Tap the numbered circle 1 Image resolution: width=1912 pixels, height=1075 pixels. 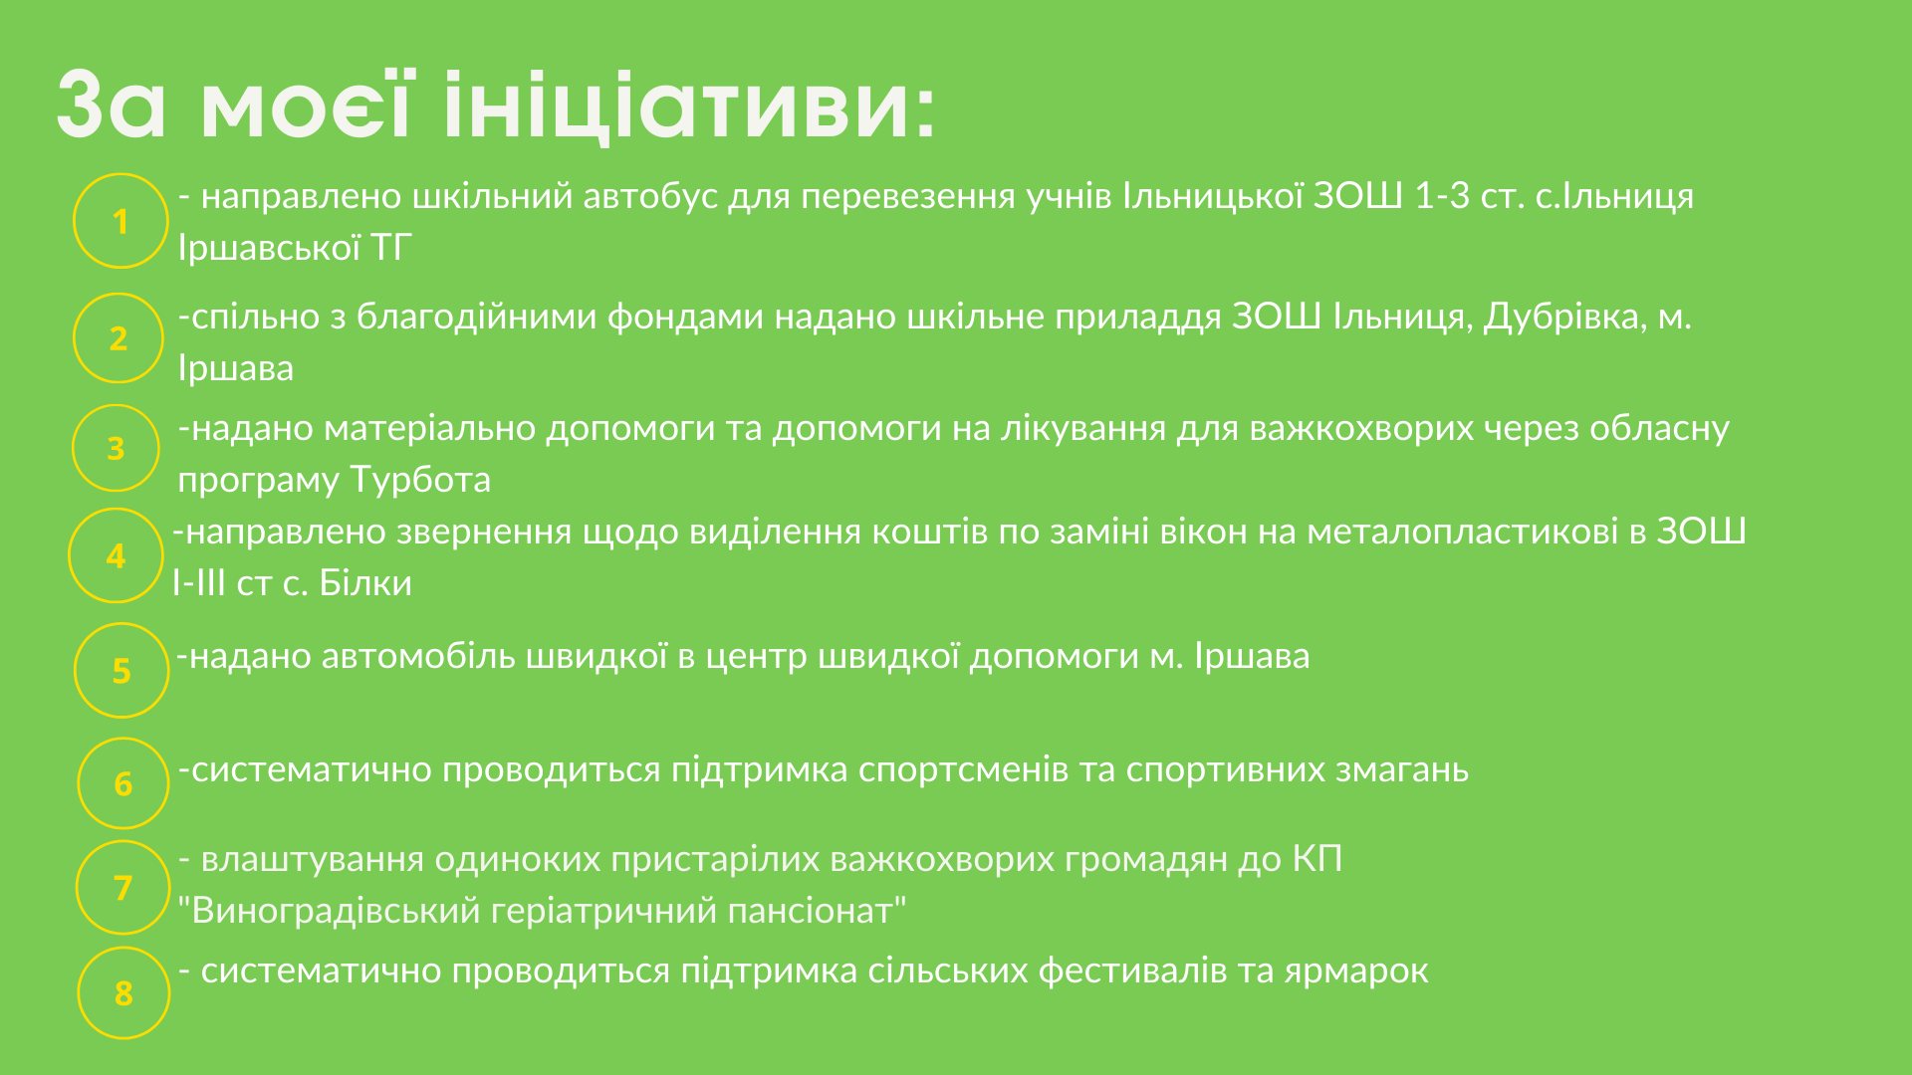[120, 221]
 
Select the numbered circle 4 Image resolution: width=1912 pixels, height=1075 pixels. [116, 555]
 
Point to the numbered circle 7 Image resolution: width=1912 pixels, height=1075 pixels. [123, 887]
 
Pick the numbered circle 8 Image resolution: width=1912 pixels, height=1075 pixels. [123, 992]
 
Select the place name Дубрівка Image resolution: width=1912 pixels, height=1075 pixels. [1564, 318]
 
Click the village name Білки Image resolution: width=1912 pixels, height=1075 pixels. [365, 583]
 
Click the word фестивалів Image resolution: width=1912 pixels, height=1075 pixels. [1132, 971]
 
